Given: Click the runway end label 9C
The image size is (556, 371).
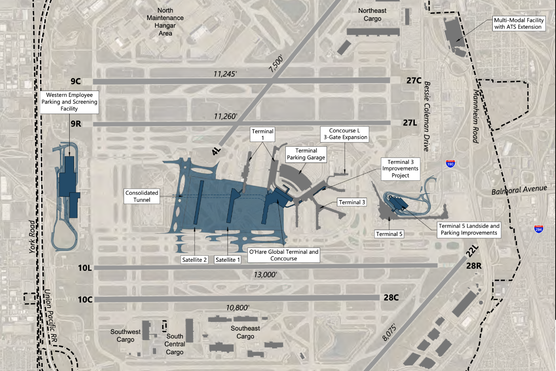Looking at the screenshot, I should coord(76,81).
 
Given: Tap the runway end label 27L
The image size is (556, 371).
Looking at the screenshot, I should coord(410,122).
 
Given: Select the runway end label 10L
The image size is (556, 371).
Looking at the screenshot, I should coord(85,267).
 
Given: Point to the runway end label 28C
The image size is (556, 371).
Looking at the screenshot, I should coord(391,298).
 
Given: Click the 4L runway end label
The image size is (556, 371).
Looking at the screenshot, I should coord(216,151).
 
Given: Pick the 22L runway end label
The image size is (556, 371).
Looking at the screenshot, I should coord(472,251).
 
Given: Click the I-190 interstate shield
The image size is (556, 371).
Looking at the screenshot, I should coord(450,164).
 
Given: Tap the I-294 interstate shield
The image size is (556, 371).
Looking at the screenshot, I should coord(539,229).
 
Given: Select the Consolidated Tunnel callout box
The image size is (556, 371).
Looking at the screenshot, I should coord(142,196).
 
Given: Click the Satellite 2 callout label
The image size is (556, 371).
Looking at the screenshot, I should coord(194,260).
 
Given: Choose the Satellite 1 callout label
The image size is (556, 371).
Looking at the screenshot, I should coord(228,260).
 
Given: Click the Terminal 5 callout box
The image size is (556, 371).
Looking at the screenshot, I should coord(389,234).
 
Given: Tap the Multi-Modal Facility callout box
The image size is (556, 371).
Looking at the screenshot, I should coord(519,23).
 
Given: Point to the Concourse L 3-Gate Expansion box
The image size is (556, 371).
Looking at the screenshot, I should coord(345,134).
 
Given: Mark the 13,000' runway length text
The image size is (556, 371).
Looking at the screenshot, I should coord(265,275).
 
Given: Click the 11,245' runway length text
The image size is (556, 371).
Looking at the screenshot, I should coord(225,74).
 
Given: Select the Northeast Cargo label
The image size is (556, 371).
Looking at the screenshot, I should coord(372,14).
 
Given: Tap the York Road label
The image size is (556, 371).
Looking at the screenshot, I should coord(33,236).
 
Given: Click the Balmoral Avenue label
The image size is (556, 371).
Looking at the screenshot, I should coord(519,190).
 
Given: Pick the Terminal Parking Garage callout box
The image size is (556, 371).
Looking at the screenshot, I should coord(306,154).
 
